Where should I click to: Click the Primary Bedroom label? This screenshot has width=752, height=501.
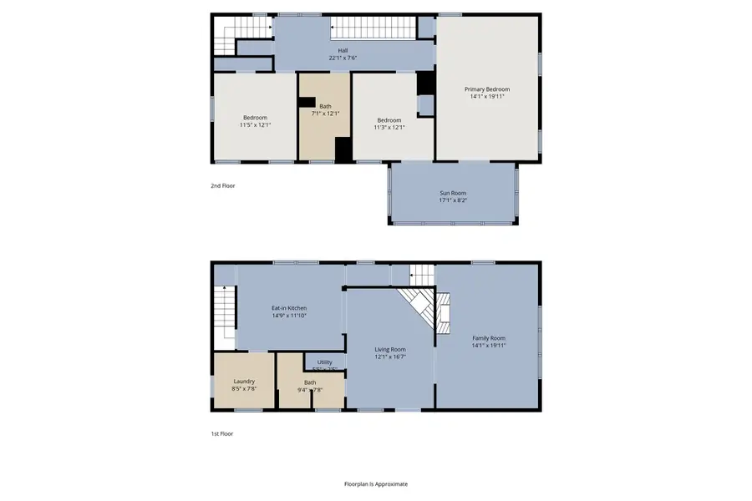(487, 89)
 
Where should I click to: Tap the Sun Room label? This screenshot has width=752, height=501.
(453, 193)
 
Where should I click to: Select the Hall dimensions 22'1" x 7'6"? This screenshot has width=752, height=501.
(343, 58)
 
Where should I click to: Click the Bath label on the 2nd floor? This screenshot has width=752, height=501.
(324, 106)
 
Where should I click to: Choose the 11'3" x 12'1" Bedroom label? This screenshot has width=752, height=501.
(389, 120)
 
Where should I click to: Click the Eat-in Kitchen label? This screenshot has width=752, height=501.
(289, 308)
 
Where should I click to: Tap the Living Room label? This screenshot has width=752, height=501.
(390, 349)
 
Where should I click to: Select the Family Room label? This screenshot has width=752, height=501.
(488, 338)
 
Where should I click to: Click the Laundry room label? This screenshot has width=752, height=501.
(244, 381)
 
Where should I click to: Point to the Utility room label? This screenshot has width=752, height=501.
(324, 362)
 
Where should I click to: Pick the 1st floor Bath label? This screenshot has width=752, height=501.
(310, 382)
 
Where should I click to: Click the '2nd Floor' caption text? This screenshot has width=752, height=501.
(223, 185)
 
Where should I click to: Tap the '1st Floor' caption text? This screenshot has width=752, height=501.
(222, 433)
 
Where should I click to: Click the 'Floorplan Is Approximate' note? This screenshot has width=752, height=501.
(376, 483)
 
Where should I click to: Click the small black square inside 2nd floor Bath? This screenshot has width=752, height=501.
(307, 104)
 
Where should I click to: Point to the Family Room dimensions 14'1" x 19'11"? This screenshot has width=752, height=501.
(488, 346)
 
